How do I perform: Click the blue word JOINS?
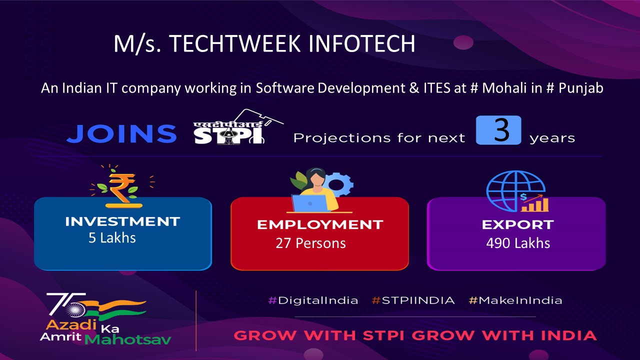coord(121,133)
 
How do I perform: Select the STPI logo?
coord(235,128)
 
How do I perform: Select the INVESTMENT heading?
coord(122,221)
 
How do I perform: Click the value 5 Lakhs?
coord(112,237)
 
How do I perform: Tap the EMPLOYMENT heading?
coord(320,225)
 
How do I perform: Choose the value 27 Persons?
coord(310,243)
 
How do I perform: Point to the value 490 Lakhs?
coord(518,243)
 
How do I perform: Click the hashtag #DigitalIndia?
coord(313,300)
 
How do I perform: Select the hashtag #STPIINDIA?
coord(413,300)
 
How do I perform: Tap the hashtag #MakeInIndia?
coord(515,300)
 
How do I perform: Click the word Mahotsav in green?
coord(128,339)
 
